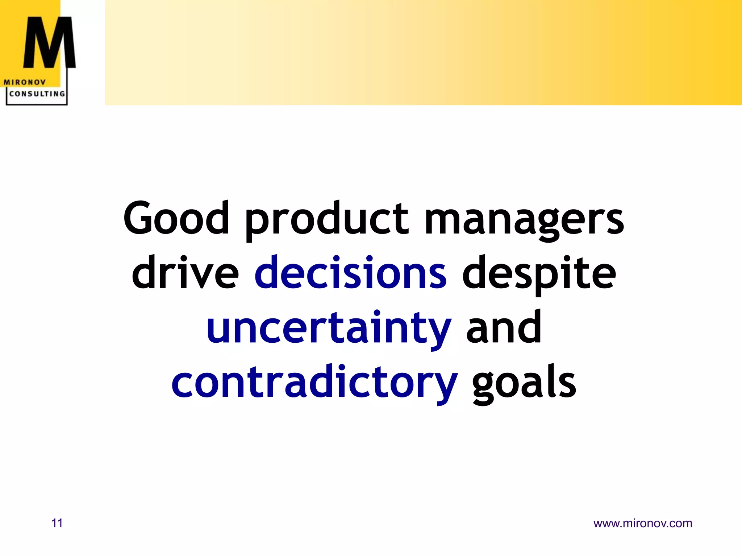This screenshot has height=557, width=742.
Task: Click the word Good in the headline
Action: [176, 218]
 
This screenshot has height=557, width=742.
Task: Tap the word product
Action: [327, 219]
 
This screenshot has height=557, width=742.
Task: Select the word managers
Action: [524, 219]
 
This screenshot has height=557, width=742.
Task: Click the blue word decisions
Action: [350, 273]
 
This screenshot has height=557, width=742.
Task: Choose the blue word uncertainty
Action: [329, 328]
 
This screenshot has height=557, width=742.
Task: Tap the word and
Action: [504, 327]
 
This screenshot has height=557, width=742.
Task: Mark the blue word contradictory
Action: [314, 383]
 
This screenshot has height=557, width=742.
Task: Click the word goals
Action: [524, 384]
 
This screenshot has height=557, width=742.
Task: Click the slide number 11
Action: [57, 523]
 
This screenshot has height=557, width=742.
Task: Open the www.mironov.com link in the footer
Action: [643, 523]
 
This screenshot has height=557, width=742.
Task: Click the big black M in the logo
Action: [49, 43]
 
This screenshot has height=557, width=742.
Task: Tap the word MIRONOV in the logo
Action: [25, 82]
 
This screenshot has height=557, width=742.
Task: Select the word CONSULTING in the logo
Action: [37, 94]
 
